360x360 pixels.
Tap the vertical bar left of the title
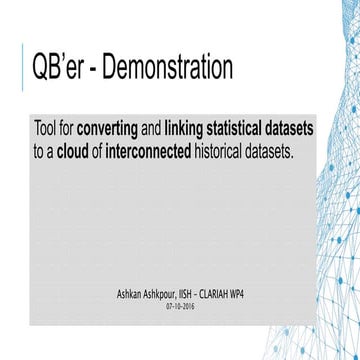tap(23, 69)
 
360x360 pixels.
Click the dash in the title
tap(92, 70)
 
